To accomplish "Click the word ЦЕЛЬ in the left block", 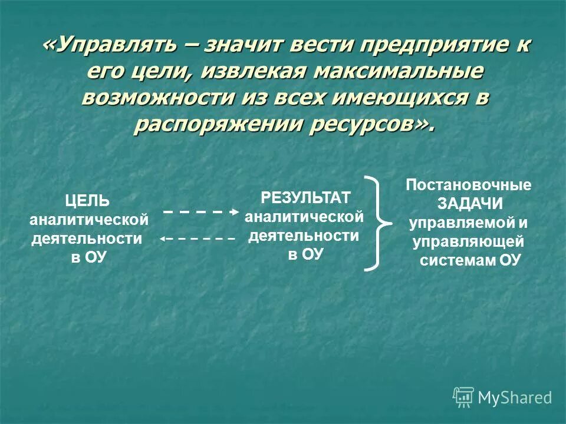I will click(87, 201).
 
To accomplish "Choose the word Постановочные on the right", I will click(469, 185).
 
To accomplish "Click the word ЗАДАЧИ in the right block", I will click(470, 204).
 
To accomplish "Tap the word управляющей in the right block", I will click(469, 241).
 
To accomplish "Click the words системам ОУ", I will click(470, 260).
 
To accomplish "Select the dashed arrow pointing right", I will click(201, 211).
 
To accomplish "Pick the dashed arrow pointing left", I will click(198, 238).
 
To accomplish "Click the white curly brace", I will click(378, 223).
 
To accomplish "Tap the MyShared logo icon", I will click(463, 397).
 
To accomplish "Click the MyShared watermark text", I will click(515, 398).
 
